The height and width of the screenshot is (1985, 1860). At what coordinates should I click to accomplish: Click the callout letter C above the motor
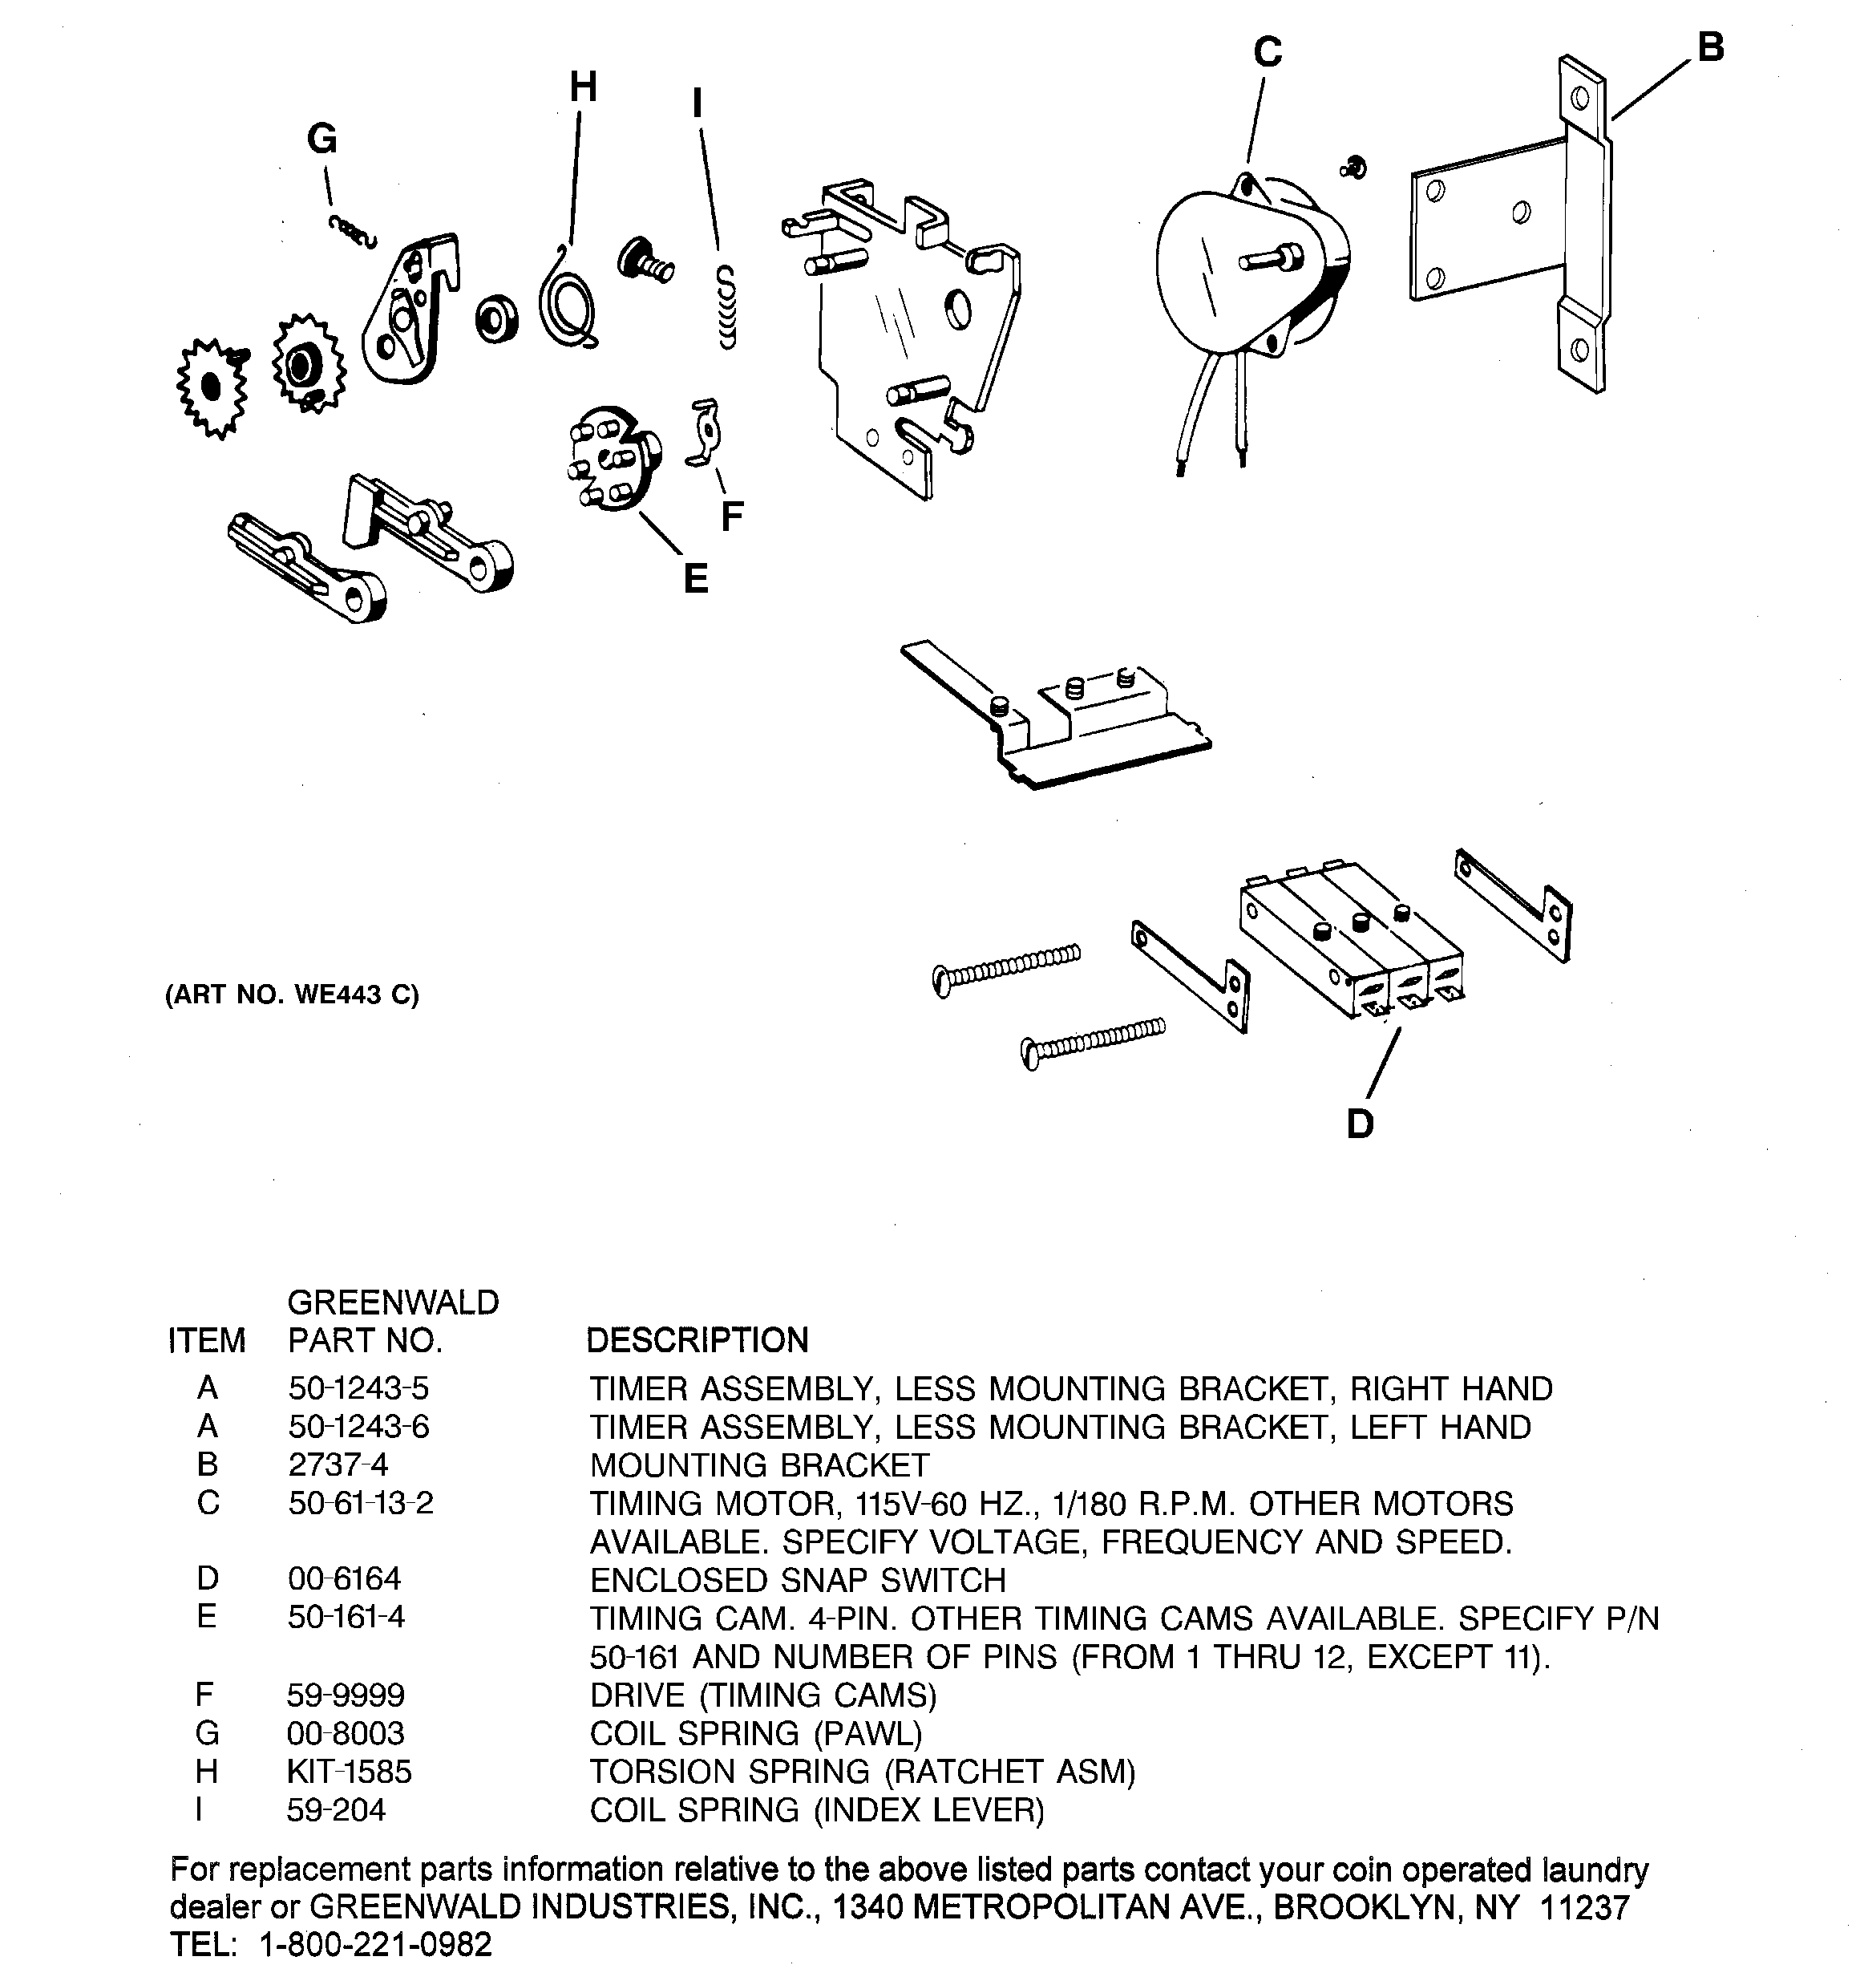coord(1267,52)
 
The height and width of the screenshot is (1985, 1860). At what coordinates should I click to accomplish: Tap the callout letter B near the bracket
coord(1710,47)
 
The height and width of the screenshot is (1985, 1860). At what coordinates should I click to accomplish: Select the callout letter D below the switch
coord(1360,1124)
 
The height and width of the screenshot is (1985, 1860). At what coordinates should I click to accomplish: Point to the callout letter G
coord(321,139)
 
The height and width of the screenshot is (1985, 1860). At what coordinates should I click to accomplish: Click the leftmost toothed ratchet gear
coord(211,387)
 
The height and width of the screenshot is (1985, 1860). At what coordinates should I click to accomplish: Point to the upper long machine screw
coord(1006,966)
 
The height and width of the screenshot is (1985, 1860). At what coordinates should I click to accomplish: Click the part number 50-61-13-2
coord(361,1503)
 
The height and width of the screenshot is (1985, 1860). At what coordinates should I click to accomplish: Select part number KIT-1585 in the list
coord(349,1772)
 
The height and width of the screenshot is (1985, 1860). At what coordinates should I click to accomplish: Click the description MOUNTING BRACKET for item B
coord(758,1464)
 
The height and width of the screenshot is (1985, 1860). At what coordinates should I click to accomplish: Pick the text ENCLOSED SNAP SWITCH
coord(797,1580)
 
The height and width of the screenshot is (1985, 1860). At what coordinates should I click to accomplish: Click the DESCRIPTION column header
coord(696,1340)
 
